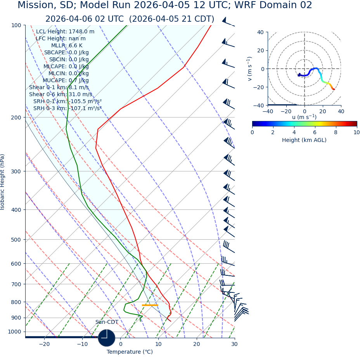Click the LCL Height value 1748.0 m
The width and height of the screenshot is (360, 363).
pos(81,32)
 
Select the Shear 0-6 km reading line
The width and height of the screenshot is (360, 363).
pos(61,94)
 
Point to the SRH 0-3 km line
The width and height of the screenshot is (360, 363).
pos(67,108)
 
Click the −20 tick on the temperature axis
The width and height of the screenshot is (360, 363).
pos(44,344)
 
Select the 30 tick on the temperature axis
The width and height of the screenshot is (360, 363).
pos(234,344)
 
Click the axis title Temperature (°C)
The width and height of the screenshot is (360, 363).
pos(130,352)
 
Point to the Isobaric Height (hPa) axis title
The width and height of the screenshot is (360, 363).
pos(3,182)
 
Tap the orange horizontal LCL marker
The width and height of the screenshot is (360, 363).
pos(150,305)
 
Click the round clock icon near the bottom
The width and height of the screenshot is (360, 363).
pos(106,338)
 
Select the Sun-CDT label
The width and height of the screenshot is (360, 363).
pos(107,322)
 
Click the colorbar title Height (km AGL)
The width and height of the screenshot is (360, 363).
pos(304,140)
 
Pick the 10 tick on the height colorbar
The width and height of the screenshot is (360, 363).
pos(356,132)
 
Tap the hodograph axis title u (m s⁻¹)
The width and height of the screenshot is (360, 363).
pos(304,117)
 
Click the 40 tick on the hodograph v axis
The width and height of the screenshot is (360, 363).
pos(261,33)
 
